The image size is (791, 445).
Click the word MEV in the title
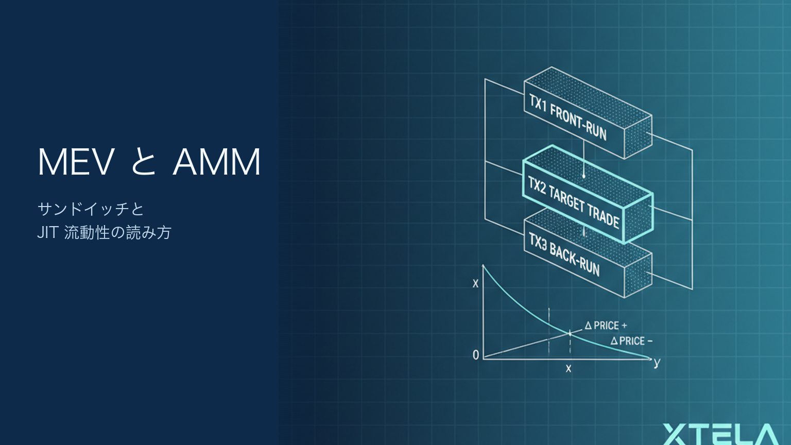click(76, 162)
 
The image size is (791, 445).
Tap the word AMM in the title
click(216, 162)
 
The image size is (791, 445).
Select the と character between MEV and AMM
click(143, 162)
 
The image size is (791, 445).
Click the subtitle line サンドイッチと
click(91, 209)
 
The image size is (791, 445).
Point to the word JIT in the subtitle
click(48, 233)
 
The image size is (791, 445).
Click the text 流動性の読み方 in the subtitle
click(118, 233)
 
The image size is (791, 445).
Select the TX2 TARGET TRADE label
click(574, 203)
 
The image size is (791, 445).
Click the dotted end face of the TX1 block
click(638, 136)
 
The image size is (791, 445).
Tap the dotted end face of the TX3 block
click(638, 276)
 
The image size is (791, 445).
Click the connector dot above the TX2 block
click(583, 176)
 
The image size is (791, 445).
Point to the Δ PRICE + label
click(606, 326)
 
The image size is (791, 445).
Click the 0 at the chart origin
click(476, 355)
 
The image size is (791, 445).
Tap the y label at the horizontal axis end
click(657, 363)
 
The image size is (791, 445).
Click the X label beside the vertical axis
click(476, 284)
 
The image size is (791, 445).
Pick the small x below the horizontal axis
click(568, 369)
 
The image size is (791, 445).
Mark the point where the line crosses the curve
click(570, 333)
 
